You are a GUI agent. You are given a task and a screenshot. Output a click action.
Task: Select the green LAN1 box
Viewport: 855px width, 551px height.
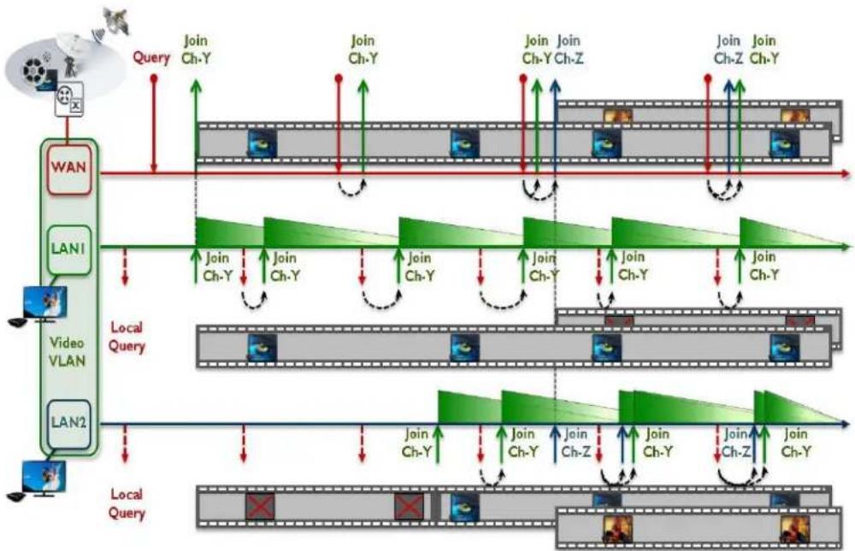pos(68,249)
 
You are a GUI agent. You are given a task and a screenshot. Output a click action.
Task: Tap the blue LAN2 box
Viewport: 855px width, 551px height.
pos(68,424)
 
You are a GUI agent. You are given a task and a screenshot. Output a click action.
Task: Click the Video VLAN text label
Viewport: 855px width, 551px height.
pos(68,351)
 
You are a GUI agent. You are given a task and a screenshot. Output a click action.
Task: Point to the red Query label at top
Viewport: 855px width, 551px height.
pos(151,56)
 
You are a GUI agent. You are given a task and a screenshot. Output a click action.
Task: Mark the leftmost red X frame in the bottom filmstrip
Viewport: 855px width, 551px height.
pos(260,507)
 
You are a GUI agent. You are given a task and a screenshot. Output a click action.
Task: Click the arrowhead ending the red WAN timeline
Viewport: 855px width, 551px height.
pos(846,174)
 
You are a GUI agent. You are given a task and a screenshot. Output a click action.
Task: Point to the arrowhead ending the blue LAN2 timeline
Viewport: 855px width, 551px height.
pos(846,424)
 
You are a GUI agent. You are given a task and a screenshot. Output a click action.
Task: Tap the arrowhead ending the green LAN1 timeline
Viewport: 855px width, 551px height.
pos(846,246)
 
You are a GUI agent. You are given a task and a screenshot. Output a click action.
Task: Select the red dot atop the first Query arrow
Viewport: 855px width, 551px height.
pos(154,79)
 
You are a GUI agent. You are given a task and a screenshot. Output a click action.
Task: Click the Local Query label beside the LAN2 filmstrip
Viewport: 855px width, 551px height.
pos(127,503)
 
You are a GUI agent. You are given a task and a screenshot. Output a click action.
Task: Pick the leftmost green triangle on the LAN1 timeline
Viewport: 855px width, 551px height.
pos(229,232)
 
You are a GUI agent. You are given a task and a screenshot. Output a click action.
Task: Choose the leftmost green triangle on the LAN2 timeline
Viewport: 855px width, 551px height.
pos(470,407)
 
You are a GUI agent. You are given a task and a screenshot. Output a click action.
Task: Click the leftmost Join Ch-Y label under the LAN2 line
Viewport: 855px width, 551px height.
pos(417,443)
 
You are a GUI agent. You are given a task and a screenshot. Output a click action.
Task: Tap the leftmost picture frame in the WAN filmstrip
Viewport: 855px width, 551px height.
pos(262,144)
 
